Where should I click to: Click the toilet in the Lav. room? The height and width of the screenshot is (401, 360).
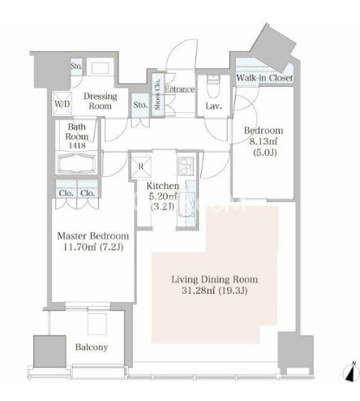(213, 86)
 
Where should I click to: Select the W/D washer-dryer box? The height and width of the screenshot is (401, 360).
(62, 104)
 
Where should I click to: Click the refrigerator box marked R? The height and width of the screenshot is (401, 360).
(141, 166)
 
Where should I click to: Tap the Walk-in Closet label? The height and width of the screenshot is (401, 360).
(264, 78)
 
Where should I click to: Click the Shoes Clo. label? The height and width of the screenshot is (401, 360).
(158, 94)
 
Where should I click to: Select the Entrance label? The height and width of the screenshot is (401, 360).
(180, 89)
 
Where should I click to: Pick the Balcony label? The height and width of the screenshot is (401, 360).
(92, 347)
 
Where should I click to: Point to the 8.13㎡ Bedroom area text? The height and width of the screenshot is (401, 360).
(264, 141)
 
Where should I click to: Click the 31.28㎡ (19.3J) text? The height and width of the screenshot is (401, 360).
(215, 291)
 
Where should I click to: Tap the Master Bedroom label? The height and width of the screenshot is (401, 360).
(93, 236)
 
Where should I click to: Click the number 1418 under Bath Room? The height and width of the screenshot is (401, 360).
(77, 145)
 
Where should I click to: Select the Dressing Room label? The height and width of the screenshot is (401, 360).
(101, 101)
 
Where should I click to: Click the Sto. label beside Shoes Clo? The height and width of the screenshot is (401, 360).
(140, 105)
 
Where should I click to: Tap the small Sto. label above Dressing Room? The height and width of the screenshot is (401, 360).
(76, 66)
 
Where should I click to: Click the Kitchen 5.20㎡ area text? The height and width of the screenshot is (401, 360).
(163, 196)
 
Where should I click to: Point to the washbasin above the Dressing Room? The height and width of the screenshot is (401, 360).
(101, 68)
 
